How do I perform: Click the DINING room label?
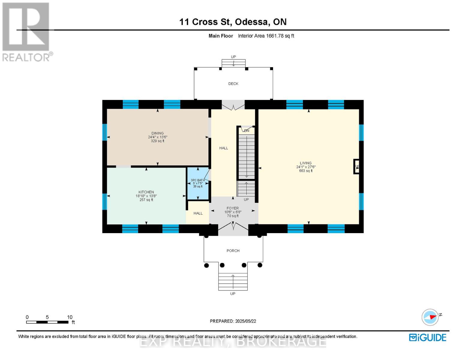tap(158, 133)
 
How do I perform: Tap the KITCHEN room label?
tap(146, 192)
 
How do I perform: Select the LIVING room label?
tap(305, 163)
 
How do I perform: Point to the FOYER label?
tap(233, 208)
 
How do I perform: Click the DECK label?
tap(233, 84)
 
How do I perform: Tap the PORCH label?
tap(233, 251)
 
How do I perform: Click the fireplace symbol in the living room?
tap(356, 167)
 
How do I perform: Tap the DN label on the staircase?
tap(246, 131)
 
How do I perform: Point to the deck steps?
tap(233, 63)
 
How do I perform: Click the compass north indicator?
tap(430, 317)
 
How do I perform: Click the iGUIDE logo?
tap(428, 337)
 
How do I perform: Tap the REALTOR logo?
tap(26, 31)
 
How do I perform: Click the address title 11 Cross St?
tap(233, 22)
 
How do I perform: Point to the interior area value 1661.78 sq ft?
tap(266, 36)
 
